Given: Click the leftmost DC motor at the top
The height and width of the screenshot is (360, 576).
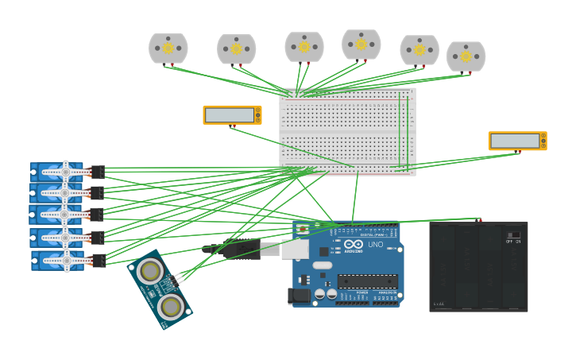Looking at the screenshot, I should point(168,48).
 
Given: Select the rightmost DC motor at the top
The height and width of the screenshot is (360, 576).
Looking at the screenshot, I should point(466,56).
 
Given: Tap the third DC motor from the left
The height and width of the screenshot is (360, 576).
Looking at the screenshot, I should point(304,47).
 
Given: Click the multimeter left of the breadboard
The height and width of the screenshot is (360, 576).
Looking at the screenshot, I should point(231,115).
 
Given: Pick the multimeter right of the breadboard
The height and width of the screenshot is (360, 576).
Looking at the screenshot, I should point(516,141).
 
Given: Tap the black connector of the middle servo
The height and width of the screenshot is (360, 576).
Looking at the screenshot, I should point(96,215).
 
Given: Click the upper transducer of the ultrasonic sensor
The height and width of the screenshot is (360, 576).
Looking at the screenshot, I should point(149,272).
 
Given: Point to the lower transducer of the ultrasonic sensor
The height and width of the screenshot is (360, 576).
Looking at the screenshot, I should point(170,306).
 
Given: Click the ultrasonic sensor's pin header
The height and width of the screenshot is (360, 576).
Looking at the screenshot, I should point(180,277).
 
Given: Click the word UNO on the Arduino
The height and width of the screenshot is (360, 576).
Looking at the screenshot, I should point(375,244).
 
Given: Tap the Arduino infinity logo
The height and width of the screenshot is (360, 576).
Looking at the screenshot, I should point(353,244).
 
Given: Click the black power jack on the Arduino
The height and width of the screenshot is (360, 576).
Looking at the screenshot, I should point(299,296).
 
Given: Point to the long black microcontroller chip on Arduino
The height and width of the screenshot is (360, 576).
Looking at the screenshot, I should point(367,281).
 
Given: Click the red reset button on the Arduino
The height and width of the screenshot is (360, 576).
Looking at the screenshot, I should point(303,230).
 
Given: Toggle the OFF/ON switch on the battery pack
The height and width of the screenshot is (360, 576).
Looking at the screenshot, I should point(514,235).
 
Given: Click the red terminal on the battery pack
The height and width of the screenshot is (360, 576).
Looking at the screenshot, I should point(479,219).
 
